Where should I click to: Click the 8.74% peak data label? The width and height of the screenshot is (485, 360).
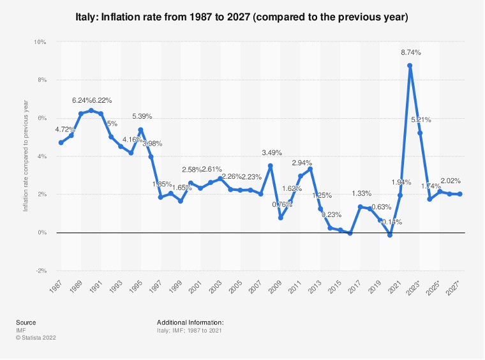[410, 52]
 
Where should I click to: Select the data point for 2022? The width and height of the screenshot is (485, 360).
[410, 66]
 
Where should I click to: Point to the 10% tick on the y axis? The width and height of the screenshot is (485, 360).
[41, 42]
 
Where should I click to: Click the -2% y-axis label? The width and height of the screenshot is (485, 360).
[41, 271]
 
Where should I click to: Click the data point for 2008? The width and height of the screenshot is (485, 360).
[271, 166]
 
